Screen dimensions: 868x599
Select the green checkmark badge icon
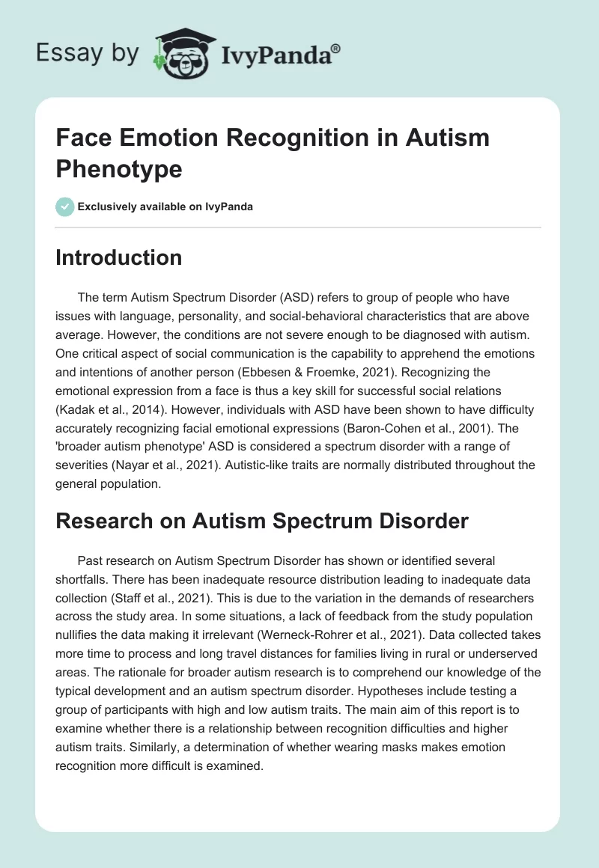pos(65,207)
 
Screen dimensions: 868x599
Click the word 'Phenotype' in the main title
pos(119,168)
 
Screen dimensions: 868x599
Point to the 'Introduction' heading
pos(119,257)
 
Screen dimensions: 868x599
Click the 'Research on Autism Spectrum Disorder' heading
pos(262,521)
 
